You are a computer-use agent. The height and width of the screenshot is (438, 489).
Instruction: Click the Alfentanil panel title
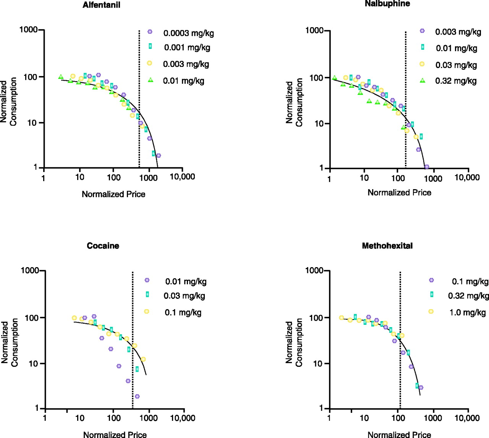click(x=101, y=5)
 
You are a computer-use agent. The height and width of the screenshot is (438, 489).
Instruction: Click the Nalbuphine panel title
click(x=387, y=4)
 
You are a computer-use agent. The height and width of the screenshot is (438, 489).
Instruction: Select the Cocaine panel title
click(x=103, y=246)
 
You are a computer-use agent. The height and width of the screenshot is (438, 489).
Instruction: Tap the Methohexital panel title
click(x=387, y=246)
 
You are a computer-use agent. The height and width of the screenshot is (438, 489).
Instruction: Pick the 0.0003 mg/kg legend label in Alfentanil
click(x=188, y=33)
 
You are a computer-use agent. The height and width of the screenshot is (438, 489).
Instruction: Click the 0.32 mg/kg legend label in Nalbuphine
click(x=456, y=81)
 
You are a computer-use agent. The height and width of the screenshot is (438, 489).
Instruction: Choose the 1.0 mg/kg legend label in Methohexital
click(x=467, y=313)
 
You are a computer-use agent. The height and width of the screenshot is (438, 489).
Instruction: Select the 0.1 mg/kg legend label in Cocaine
click(x=183, y=313)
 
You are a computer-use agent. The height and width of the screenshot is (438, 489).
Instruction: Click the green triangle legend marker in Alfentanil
click(x=151, y=80)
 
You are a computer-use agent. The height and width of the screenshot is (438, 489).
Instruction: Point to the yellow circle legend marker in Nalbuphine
click(x=422, y=64)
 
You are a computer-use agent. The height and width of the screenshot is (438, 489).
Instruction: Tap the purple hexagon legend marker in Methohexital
click(x=431, y=280)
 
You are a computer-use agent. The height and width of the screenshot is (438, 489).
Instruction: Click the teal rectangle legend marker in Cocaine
click(x=147, y=294)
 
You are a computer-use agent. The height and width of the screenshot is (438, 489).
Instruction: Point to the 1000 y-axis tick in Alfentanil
click(x=29, y=30)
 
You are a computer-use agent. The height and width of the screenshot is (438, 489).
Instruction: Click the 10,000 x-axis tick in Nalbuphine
click(x=467, y=177)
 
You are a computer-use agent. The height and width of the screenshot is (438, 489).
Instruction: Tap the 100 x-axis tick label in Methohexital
click(x=398, y=418)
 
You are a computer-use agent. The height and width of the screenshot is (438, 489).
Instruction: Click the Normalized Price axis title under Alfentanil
click(x=113, y=194)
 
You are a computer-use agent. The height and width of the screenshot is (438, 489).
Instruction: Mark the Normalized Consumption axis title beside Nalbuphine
click(x=294, y=102)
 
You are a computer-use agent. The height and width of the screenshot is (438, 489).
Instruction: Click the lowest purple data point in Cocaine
click(x=137, y=396)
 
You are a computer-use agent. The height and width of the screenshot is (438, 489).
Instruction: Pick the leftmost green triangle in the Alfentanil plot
click(x=61, y=77)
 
